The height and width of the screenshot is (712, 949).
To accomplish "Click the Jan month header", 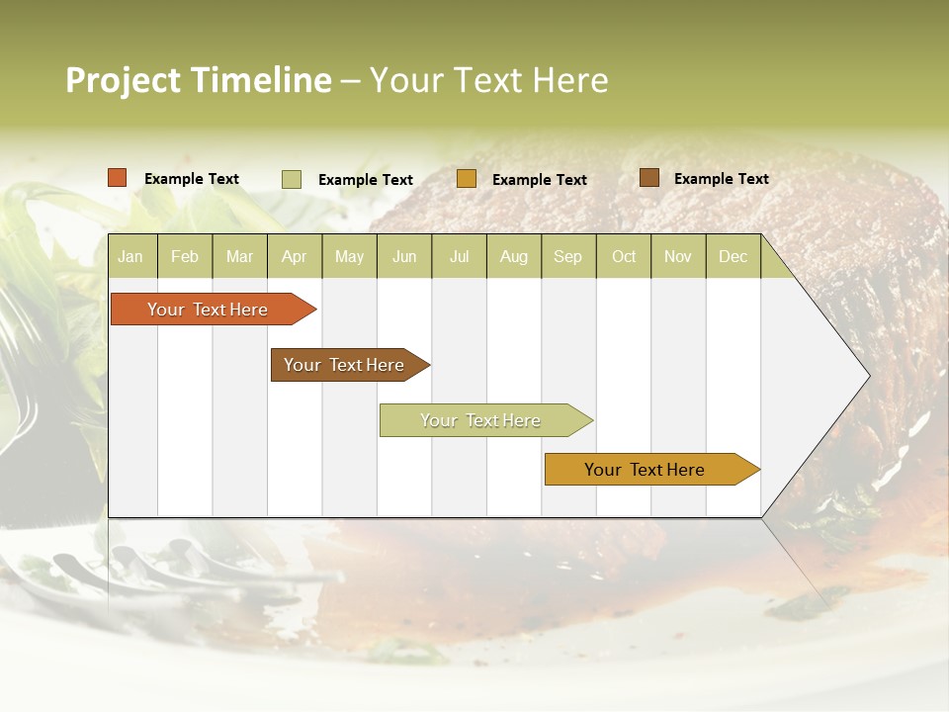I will pos(130,256).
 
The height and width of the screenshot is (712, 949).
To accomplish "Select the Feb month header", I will pos(185,256).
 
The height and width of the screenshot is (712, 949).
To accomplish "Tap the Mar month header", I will pos(239,256).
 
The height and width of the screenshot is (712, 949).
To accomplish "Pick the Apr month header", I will pos(295,256).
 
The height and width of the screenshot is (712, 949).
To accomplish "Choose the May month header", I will pos(349,256).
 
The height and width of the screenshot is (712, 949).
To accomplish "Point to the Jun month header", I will pos(404,256).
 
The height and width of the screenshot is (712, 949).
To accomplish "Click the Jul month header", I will pos(459,256).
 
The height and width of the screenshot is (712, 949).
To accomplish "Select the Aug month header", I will pos(514,256).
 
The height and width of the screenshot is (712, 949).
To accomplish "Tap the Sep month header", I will pos(568,256).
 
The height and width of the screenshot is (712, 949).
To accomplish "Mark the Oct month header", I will pos(624,256).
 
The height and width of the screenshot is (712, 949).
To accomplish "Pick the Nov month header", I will pos(678,256).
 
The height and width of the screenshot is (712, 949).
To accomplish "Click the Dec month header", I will pos(733,256).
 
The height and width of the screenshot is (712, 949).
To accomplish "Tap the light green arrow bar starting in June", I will pos(481,420).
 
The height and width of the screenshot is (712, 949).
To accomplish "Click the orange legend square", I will pos(118,178).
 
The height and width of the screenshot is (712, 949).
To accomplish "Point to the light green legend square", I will pos(292,179).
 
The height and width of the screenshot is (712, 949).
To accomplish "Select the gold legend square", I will pos(467,179).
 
